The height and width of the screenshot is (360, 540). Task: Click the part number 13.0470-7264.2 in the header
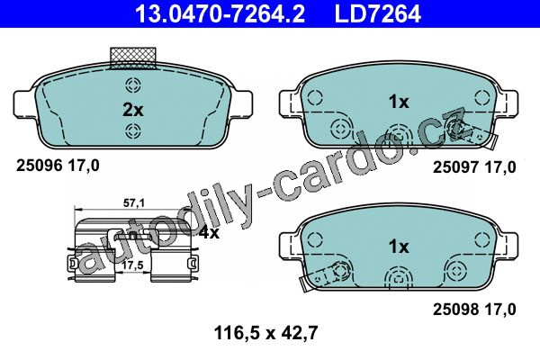(x=220, y=13)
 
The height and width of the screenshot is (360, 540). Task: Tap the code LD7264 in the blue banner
(x=378, y=13)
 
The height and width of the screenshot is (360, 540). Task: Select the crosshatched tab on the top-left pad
(x=133, y=58)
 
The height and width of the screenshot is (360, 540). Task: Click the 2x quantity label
(x=133, y=110)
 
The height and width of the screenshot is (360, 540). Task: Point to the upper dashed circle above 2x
(x=133, y=85)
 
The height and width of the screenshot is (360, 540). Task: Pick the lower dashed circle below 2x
(x=133, y=130)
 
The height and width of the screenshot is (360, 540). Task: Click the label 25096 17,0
(x=58, y=166)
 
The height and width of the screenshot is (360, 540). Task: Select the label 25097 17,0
(x=474, y=167)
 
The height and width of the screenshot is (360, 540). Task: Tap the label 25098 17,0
(x=474, y=310)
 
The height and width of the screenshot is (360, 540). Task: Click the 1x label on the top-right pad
(x=399, y=102)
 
